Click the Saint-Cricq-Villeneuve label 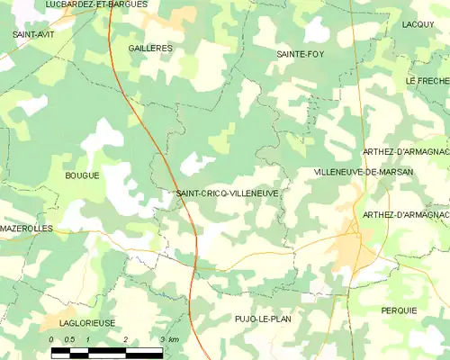pos(227,193)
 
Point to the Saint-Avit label pos(31,33)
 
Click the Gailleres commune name pos(150,48)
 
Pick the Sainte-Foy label pos(301,54)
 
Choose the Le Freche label pos(427,81)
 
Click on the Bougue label pos(82,175)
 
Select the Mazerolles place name pos(27,229)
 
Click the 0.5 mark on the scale pos(69,339)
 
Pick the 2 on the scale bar pos(125,339)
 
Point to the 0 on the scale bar pos(52,339)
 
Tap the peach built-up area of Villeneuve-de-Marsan pos(349,247)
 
